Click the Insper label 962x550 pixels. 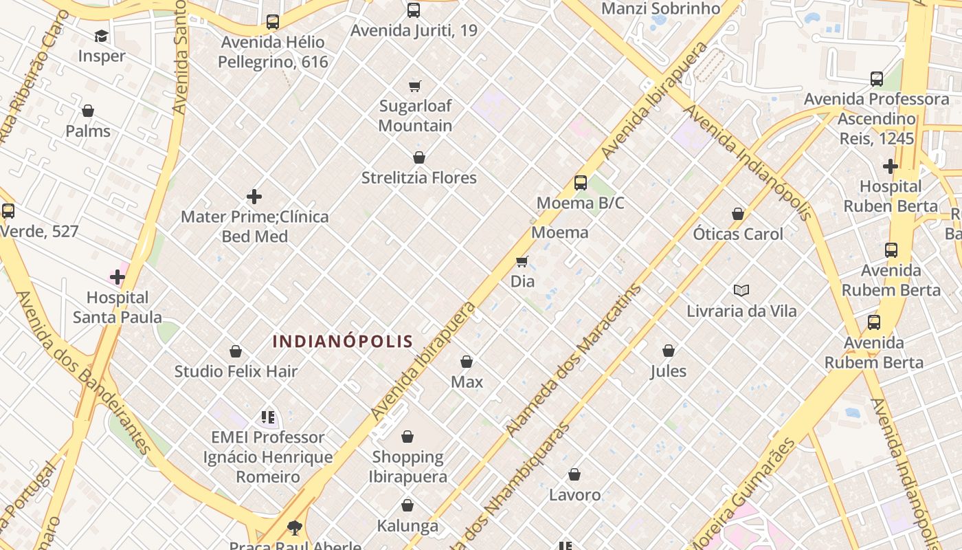(x=102, y=56)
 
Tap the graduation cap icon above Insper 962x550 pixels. (x=102, y=36)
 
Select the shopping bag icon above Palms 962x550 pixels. (x=88, y=111)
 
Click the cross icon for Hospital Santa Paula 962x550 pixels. (x=118, y=277)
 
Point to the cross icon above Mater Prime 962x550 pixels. (x=254, y=197)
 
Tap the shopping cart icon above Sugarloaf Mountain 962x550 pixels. (x=414, y=86)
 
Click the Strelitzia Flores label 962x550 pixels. (x=419, y=178)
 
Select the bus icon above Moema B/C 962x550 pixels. (x=581, y=183)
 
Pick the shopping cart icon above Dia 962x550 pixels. (x=522, y=261)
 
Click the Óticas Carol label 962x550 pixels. (x=738, y=234)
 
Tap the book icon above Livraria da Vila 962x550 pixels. (x=741, y=291)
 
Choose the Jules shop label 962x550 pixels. (x=669, y=371)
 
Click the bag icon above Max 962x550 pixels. (x=467, y=362)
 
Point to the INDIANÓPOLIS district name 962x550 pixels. (x=343, y=341)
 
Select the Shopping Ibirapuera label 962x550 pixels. (x=408, y=466)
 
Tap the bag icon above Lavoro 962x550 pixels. (x=574, y=475)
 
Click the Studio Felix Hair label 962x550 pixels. (x=236, y=372)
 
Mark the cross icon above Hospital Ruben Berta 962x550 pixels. (x=891, y=166)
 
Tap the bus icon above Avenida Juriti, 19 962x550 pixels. (x=414, y=10)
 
